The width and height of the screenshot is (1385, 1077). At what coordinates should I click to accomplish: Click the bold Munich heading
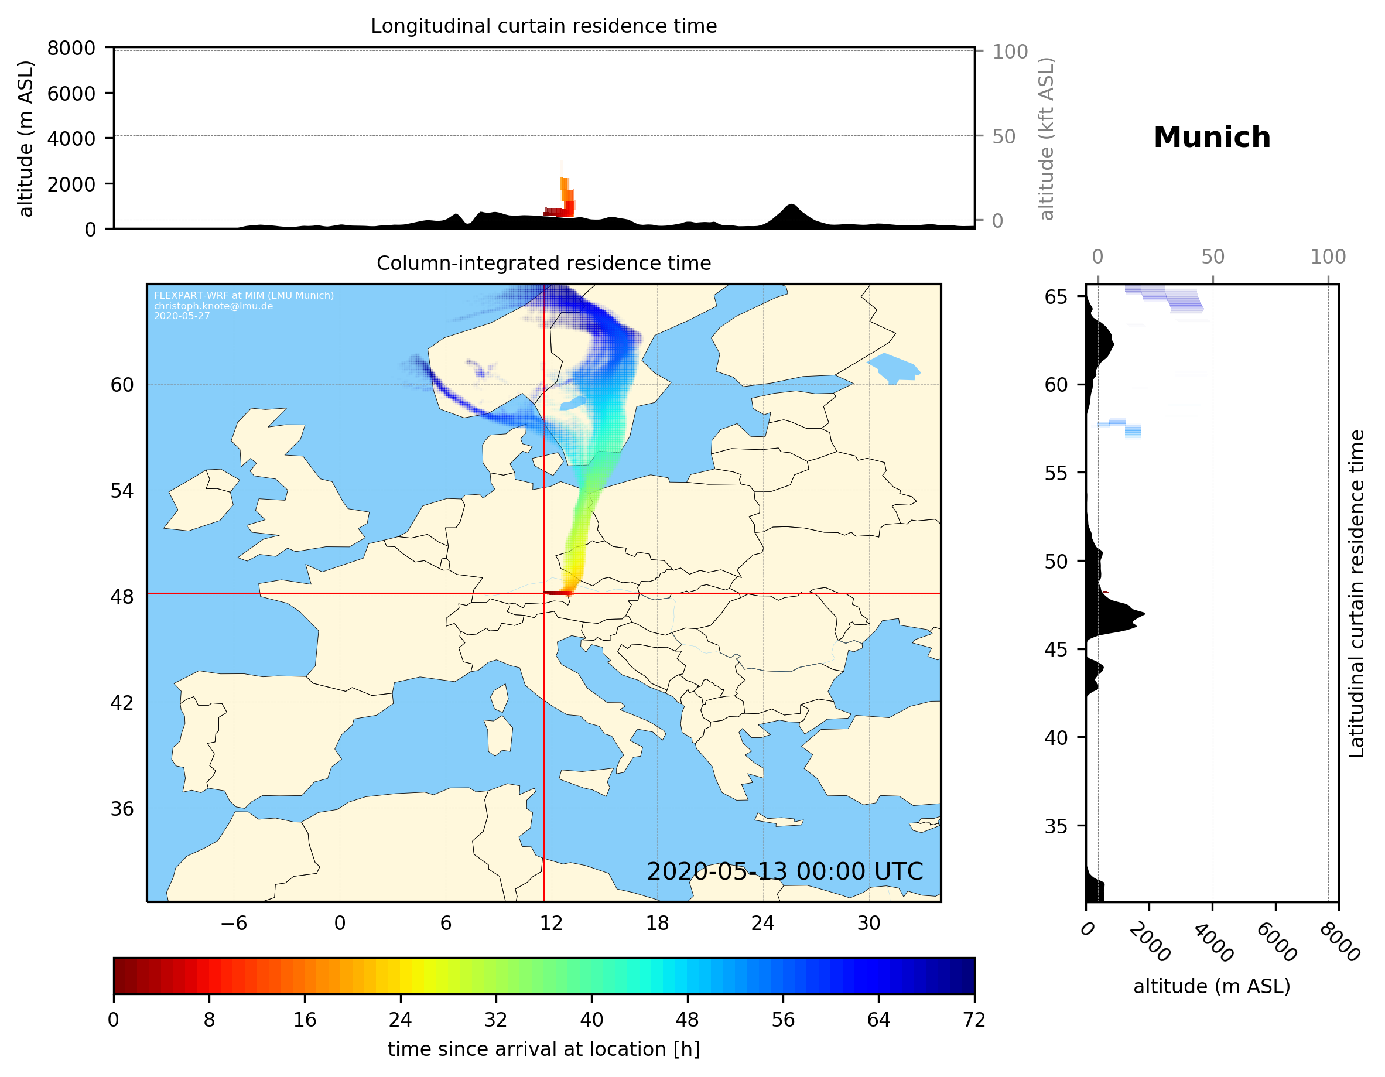pos(1211,138)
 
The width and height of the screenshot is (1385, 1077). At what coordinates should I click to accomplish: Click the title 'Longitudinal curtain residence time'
pos(543,26)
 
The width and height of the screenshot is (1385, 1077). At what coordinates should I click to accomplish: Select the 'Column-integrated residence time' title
pos(543,263)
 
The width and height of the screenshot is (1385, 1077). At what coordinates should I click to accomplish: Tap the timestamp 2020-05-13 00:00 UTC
pos(785,871)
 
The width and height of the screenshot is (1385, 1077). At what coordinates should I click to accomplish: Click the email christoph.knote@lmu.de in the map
pos(213,306)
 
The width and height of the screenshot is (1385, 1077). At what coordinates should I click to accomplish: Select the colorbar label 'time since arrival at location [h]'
pos(543,1048)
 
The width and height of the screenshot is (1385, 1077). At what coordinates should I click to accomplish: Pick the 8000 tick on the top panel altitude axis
pos(71,48)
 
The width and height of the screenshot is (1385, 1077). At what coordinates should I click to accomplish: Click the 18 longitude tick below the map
pos(657,923)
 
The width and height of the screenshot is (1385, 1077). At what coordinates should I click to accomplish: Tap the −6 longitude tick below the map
pos(233,923)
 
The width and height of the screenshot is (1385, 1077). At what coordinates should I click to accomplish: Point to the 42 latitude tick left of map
pos(122,703)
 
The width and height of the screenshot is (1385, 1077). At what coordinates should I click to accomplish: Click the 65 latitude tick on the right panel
pos(1055,297)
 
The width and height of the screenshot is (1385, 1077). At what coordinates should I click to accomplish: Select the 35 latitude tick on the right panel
pos(1055,826)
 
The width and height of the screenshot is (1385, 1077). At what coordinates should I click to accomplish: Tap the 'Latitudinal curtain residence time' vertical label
pos(1356,594)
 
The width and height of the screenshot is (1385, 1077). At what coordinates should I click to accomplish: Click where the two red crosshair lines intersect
pos(544,594)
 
